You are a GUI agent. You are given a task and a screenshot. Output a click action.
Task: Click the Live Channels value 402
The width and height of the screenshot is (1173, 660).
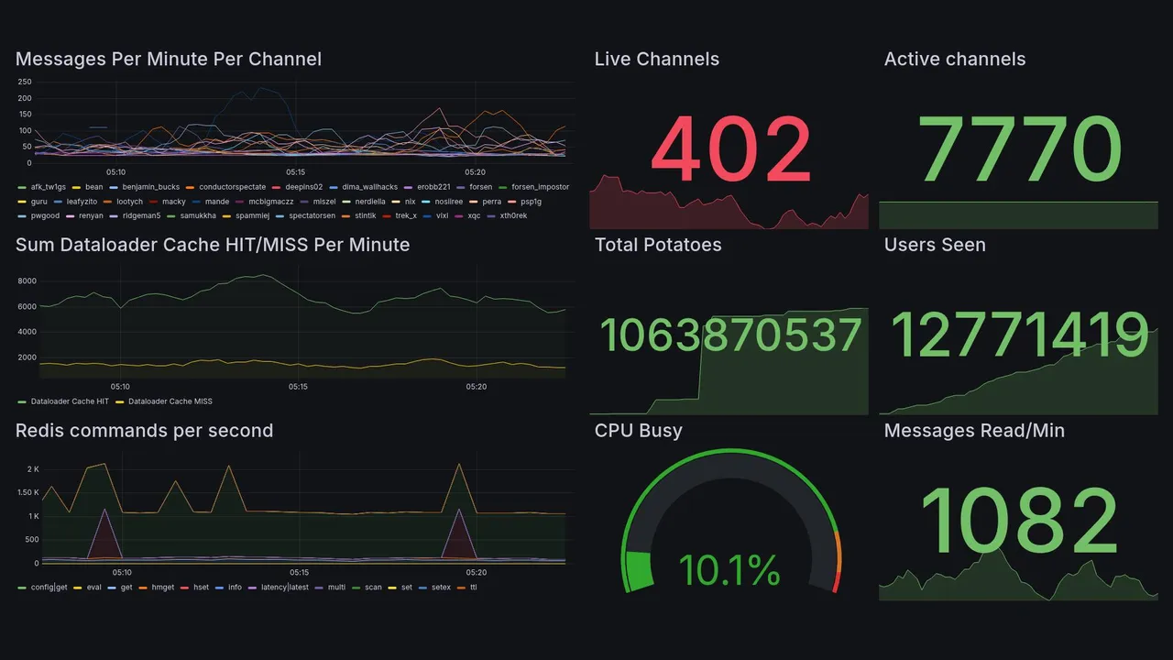(x=730, y=149)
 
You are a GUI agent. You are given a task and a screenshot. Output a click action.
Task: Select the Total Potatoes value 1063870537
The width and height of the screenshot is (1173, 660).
(x=730, y=335)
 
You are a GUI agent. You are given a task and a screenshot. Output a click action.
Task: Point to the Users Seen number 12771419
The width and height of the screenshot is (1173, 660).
(x=1020, y=335)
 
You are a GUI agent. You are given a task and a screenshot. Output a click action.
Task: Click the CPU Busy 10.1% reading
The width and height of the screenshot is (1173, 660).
(x=730, y=570)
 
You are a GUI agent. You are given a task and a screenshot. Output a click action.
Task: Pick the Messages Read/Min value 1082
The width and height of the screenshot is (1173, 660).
(x=1019, y=522)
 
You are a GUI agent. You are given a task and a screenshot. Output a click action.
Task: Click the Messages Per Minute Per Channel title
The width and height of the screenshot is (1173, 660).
(x=169, y=60)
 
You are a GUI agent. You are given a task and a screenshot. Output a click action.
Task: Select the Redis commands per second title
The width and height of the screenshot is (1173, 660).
(x=144, y=431)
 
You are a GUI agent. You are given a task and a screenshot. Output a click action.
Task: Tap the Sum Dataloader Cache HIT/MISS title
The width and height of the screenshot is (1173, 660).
(x=213, y=245)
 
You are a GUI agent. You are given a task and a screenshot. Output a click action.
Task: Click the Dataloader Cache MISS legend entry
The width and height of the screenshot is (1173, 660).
(x=170, y=401)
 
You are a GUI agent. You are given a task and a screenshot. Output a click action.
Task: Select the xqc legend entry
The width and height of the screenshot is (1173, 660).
(x=474, y=216)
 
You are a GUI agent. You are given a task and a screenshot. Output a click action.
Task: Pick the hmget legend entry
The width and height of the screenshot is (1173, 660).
(x=162, y=588)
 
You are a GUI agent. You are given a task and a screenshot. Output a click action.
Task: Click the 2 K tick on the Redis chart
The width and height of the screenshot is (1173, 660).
(x=32, y=469)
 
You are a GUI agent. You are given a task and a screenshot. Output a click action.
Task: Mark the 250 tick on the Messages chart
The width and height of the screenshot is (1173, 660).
(x=25, y=82)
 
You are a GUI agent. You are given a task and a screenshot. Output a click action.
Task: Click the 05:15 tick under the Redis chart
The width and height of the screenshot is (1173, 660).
(x=299, y=572)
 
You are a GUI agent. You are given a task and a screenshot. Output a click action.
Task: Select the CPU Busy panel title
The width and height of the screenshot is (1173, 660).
(x=638, y=431)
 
